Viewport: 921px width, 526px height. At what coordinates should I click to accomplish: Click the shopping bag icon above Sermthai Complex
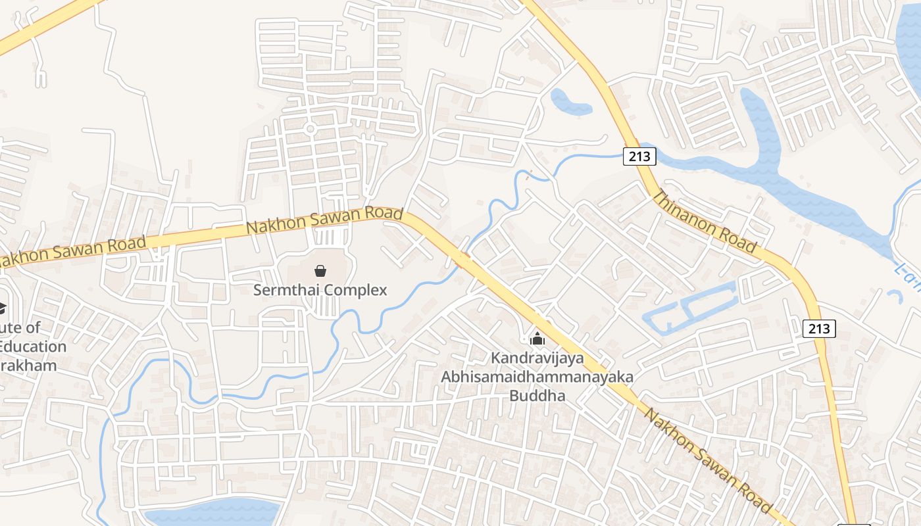tap(320, 270)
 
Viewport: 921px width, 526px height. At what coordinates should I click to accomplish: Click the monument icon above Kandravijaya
tap(537, 339)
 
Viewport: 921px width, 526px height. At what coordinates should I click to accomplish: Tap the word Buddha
tap(537, 396)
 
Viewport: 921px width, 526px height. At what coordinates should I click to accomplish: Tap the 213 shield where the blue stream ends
tap(639, 156)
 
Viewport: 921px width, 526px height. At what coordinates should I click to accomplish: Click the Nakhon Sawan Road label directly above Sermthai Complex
tap(324, 220)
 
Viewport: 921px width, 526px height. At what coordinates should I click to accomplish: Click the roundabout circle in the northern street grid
tap(311, 128)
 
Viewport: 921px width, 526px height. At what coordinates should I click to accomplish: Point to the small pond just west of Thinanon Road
tap(569, 102)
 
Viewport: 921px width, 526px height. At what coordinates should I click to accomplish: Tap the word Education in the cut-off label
tap(33, 347)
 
